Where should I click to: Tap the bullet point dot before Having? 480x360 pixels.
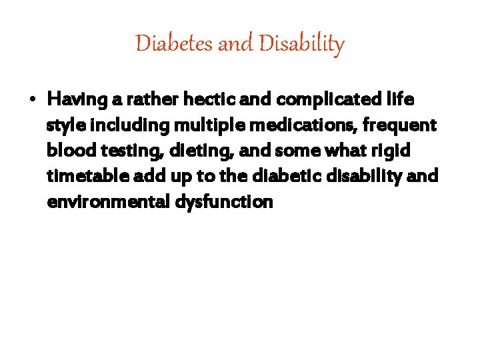(33, 101)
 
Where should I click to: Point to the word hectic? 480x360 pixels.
(203, 100)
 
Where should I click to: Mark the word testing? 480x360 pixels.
(129, 151)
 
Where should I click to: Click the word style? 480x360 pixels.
(63, 126)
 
